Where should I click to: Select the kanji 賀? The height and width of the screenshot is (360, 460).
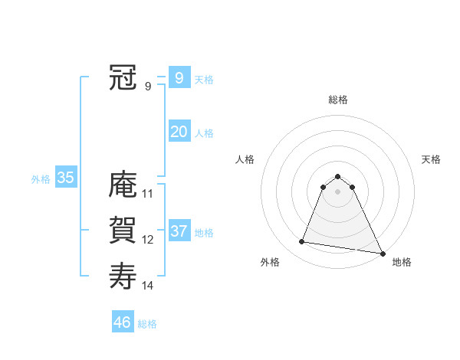(123, 230)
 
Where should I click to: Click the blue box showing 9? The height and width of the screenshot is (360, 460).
(179, 77)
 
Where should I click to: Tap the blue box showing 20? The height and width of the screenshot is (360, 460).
(179, 132)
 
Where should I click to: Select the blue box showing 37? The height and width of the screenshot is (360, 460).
(179, 231)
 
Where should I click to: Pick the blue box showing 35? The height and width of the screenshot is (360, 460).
(65, 178)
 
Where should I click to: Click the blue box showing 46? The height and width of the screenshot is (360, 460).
(122, 322)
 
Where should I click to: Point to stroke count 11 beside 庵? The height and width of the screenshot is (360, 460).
(148, 194)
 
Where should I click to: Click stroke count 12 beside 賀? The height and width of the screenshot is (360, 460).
(148, 240)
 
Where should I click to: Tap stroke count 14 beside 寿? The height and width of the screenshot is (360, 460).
(148, 286)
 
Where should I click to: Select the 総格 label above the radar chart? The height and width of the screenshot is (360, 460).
(337, 100)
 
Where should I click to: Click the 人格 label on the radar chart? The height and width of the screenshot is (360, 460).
(245, 159)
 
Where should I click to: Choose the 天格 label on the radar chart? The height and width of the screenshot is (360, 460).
(431, 159)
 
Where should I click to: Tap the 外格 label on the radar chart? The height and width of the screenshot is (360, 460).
(270, 262)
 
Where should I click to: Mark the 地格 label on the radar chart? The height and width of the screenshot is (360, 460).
(402, 262)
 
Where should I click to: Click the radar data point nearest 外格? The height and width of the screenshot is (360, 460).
(302, 242)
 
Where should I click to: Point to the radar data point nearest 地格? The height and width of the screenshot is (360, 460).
(383, 253)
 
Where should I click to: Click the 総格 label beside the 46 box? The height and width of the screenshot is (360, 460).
(147, 323)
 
